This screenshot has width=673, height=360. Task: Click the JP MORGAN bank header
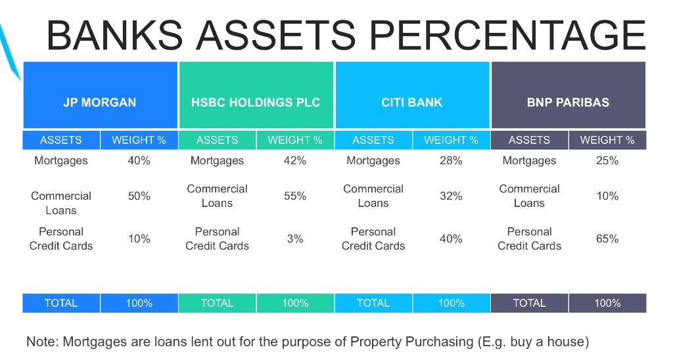tap(100, 102)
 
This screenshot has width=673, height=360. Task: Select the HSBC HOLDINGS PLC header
tap(256, 102)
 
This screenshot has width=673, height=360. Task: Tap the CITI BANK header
tap(412, 102)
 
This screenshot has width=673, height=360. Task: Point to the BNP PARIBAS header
tap(569, 102)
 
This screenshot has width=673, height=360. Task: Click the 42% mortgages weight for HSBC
tap(295, 160)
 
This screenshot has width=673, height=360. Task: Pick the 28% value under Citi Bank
tap(451, 160)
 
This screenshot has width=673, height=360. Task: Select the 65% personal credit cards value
tap(607, 238)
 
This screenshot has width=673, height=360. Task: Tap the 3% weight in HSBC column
tap(295, 238)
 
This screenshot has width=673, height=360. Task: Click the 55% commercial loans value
tap(295, 196)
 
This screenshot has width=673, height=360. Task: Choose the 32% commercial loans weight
tap(451, 196)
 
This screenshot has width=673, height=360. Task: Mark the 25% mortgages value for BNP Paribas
tap(607, 160)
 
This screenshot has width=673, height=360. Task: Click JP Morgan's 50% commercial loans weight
tap(139, 196)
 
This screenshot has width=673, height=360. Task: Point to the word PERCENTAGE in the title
tap(507, 35)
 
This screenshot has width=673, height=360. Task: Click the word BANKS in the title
tap(114, 35)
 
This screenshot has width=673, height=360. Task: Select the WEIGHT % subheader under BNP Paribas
tap(607, 140)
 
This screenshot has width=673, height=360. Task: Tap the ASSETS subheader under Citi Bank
tap(373, 140)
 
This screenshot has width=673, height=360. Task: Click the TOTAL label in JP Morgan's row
tap(61, 303)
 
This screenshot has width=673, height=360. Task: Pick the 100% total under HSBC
tap(295, 303)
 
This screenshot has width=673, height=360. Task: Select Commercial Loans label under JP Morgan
tap(61, 203)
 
